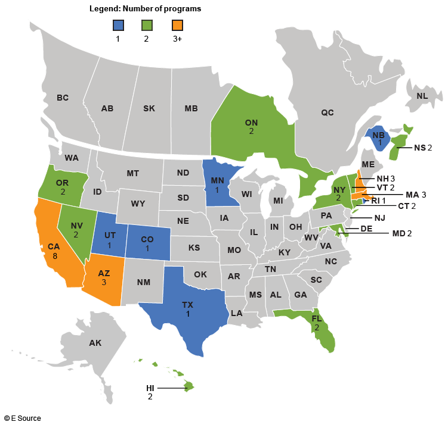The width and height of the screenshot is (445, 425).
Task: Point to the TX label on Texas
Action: click(188, 304)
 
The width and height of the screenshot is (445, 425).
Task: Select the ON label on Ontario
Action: click(251, 122)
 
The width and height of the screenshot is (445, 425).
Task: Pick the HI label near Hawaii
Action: click(150, 388)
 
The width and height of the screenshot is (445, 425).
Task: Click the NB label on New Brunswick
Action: click(378, 135)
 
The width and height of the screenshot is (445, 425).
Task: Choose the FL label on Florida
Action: click(317, 319)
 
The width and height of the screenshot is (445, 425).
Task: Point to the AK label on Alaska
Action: click(95, 343)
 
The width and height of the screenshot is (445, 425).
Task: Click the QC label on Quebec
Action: click(327, 112)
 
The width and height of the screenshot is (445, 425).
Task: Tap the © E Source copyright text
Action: click(23, 418)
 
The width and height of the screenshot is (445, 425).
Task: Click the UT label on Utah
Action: click(109, 236)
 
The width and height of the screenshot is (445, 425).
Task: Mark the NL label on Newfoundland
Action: click(422, 95)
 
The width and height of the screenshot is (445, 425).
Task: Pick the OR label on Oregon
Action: click(63, 183)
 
